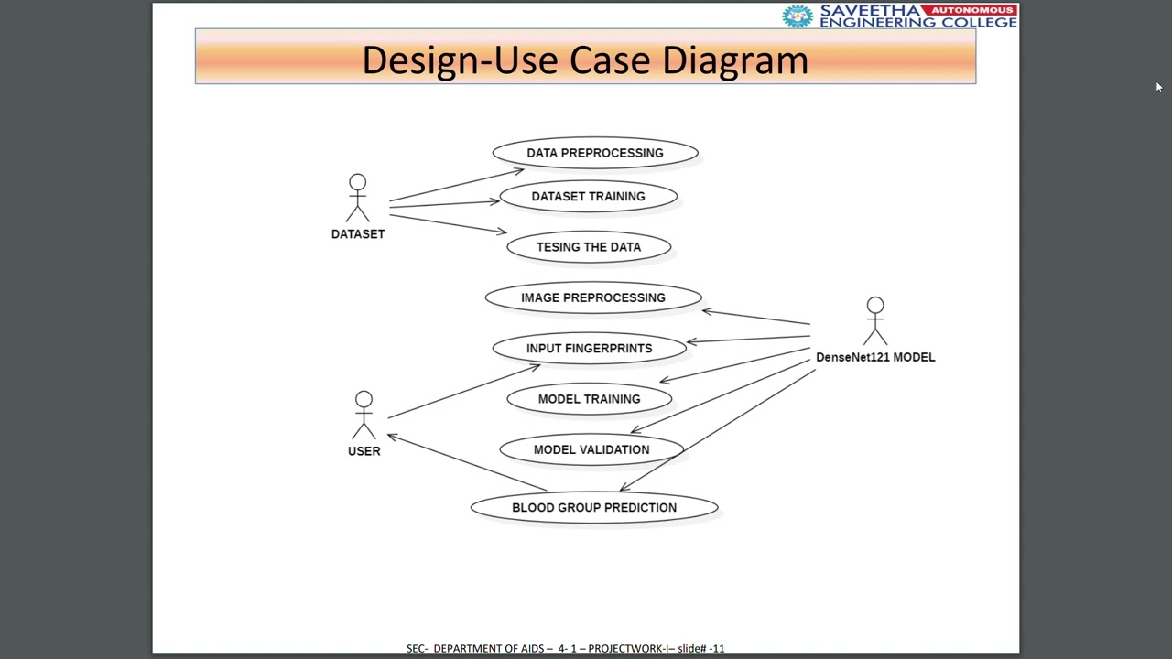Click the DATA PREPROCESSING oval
point(595,153)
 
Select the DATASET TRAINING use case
point(588,197)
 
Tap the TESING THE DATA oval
point(589,247)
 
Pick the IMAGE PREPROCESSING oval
point(593,297)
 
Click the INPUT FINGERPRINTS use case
point(589,349)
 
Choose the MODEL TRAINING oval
point(589,399)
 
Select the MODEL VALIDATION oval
point(591,449)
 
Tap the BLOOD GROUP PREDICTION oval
point(594,508)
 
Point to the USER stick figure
point(364,416)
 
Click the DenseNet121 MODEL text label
point(875,357)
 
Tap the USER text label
point(364,451)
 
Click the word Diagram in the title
point(735,60)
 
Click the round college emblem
point(798,16)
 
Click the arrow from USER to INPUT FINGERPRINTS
point(463,392)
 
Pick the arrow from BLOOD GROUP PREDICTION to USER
point(467,463)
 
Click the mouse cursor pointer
point(1158,87)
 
